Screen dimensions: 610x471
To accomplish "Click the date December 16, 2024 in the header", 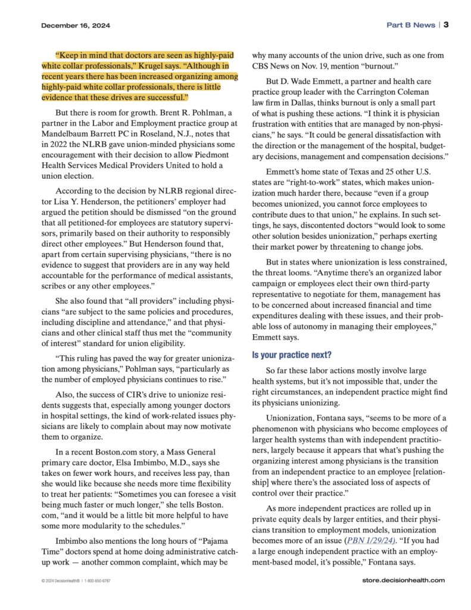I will [x=76, y=26].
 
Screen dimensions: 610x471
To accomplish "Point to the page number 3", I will [x=445, y=25].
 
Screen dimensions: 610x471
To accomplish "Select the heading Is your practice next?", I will [x=292, y=355].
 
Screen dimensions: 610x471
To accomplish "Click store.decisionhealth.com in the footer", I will [x=403, y=580].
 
